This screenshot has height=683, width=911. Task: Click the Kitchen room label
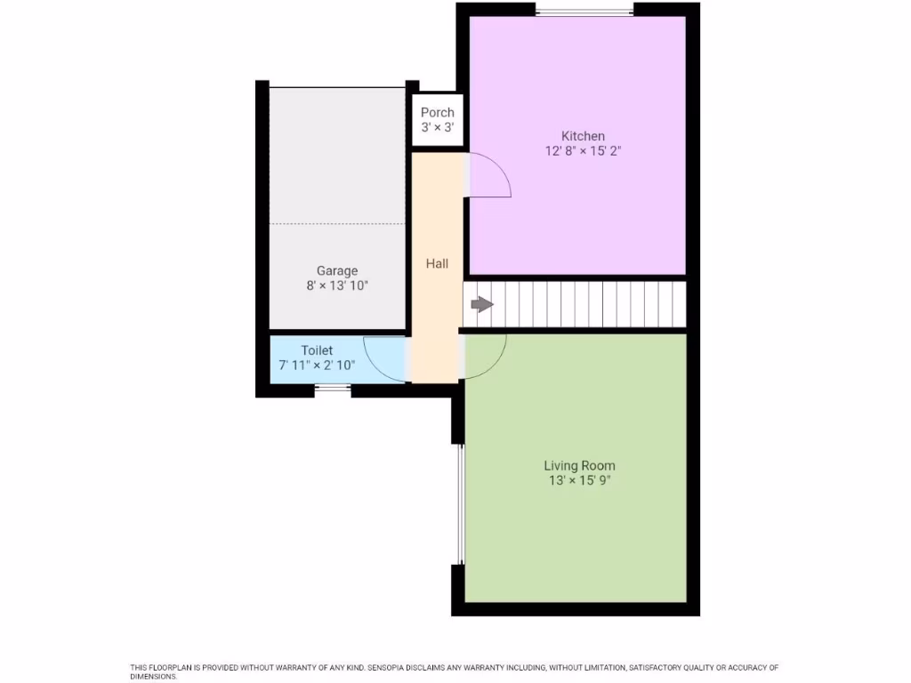(x=583, y=136)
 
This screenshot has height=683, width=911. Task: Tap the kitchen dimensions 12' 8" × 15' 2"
(x=583, y=151)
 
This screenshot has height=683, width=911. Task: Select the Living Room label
(x=579, y=465)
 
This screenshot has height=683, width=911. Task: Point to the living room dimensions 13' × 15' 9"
(x=579, y=480)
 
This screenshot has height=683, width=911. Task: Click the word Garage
(x=337, y=270)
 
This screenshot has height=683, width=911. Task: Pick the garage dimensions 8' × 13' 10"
(x=337, y=285)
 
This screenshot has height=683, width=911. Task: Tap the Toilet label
(x=317, y=350)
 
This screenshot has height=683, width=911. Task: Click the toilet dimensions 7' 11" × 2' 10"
(x=317, y=366)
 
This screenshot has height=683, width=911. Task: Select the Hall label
(x=437, y=263)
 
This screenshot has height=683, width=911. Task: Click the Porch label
(x=437, y=112)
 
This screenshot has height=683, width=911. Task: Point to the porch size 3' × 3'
(x=437, y=127)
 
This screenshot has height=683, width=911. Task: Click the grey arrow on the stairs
(x=481, y=305)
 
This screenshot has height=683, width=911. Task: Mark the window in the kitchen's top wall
(x=584, y=11)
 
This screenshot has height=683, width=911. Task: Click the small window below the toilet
(x=333, y=388)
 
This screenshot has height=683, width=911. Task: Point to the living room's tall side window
(x=460, y=504)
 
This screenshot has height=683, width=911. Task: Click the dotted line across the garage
(x=337, y=223)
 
